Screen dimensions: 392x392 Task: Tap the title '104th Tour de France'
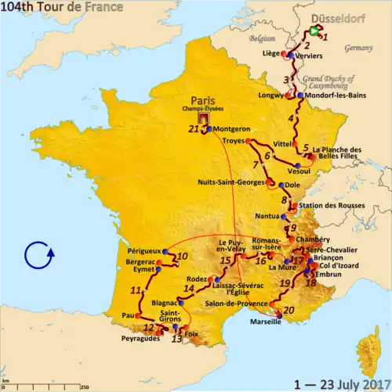(62, 8)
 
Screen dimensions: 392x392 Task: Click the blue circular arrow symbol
(38, 255)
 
